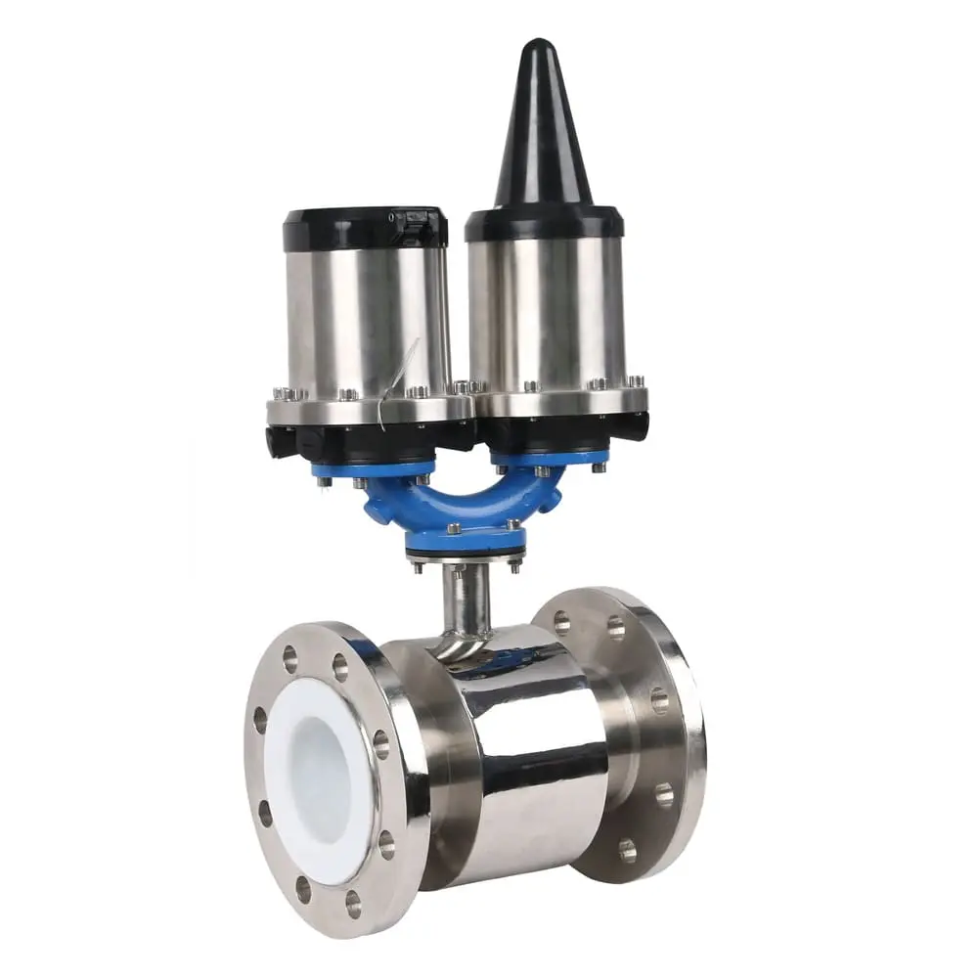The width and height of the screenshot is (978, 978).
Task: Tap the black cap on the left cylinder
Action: coord(365,228)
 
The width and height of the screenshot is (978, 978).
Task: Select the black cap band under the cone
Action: coord(544,223)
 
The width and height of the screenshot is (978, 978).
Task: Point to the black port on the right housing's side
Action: coord(636,425)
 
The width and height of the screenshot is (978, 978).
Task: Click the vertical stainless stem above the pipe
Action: coord(466,597)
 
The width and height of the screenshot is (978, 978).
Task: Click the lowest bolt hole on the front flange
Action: coord(353,905)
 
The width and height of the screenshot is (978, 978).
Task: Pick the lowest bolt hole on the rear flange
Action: coord(627,851)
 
